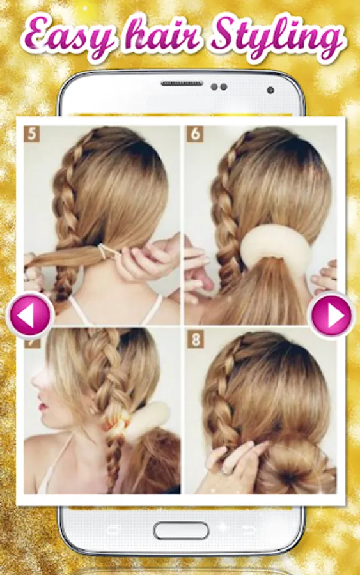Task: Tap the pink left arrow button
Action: click(29, 315)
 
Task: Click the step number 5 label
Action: click(32, 134)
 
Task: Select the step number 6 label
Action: click(194, 134)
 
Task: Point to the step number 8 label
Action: click(195, 340)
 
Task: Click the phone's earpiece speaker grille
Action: click(182, 84)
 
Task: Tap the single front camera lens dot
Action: click(271, 90)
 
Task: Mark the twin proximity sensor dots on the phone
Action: click(219, 87)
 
